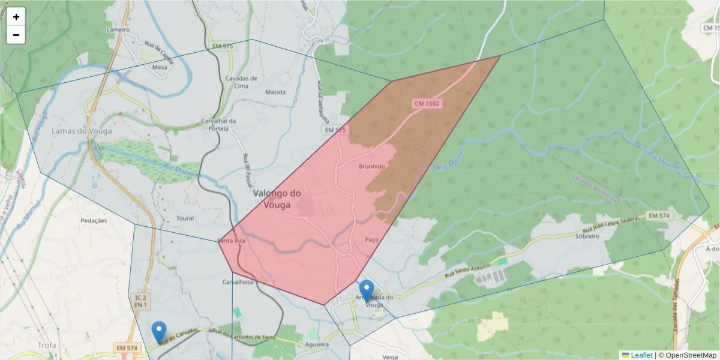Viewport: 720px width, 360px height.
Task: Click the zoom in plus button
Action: (x=16, y=17)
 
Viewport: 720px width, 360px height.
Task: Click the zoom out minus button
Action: (x=16, y=35)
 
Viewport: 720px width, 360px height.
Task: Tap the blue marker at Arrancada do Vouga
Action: (x=366, y=291)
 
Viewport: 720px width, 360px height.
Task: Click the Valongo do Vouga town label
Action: (x=277, y=199)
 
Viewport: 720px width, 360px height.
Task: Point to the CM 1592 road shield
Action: (x=427, y=104)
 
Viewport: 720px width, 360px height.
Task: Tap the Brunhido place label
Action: (x=371, y=166)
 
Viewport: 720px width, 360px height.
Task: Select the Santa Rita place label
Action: (x=232, y=241)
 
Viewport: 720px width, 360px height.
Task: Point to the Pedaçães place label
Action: (x=94, y=220)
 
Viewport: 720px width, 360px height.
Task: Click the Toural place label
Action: (x=186, y=218)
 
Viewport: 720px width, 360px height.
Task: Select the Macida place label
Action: (x=275, y=92)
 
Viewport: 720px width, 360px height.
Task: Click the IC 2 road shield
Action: (x=140, y=298)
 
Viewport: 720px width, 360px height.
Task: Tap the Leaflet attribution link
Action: (x=641, y=355)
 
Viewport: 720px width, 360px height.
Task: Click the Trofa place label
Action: (x=46, y=345)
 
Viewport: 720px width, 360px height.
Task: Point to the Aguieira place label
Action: (x=317, y=345)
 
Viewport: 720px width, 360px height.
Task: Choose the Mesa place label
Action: (x=160, y=68)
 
